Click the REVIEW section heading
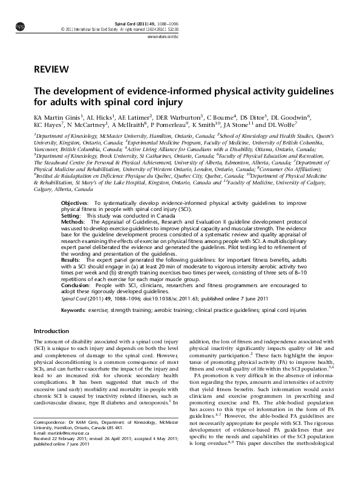[x=51, y=69]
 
